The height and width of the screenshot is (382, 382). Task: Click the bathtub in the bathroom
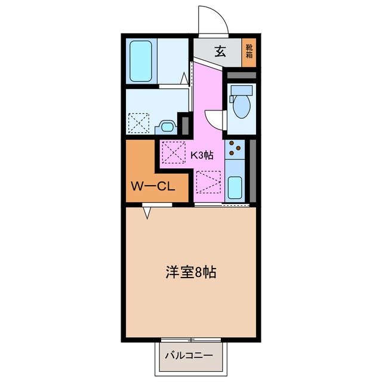[x=142, y=62]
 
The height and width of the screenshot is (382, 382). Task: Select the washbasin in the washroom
[x=167, y=127]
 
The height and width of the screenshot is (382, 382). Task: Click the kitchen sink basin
[x=235, y=189]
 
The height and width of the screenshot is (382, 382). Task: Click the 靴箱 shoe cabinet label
[x=248, y=52]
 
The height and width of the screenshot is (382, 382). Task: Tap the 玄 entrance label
[x=220, y=51]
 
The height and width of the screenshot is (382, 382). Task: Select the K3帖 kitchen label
[x=202, y=155]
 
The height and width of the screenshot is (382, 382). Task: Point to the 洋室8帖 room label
[x=190, y=273]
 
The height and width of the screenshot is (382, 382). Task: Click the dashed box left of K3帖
[x=174, y=152]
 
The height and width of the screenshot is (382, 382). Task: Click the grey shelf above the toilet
[x=242, y=75]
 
